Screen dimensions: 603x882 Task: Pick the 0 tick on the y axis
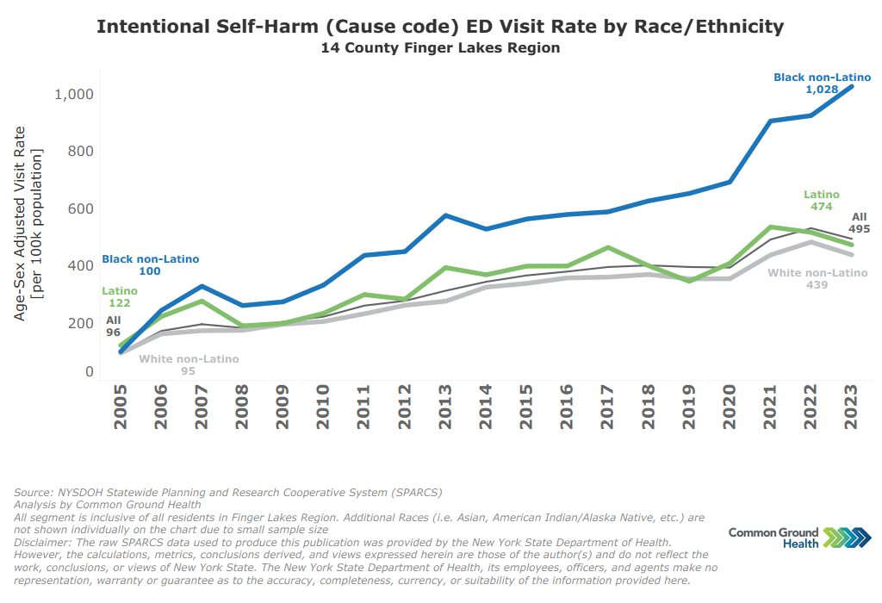[89, 371]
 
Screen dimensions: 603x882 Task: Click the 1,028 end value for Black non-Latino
[822, 90]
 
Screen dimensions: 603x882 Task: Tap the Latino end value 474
[821, 207]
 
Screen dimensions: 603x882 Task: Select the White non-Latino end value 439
[817, 284]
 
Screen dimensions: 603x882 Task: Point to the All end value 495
[859, 229]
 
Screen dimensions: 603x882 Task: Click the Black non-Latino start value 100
[150, 271]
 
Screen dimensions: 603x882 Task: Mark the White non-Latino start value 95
[188, 371]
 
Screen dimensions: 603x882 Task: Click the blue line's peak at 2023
[852, 86]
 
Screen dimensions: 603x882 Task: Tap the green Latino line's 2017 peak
[607, 248]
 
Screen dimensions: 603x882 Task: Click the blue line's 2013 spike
[444, 215]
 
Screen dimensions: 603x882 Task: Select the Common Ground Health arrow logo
[847, 538]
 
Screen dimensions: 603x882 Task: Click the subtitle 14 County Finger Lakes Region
[440, 48]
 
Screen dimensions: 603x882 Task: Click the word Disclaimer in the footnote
[43, 543]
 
